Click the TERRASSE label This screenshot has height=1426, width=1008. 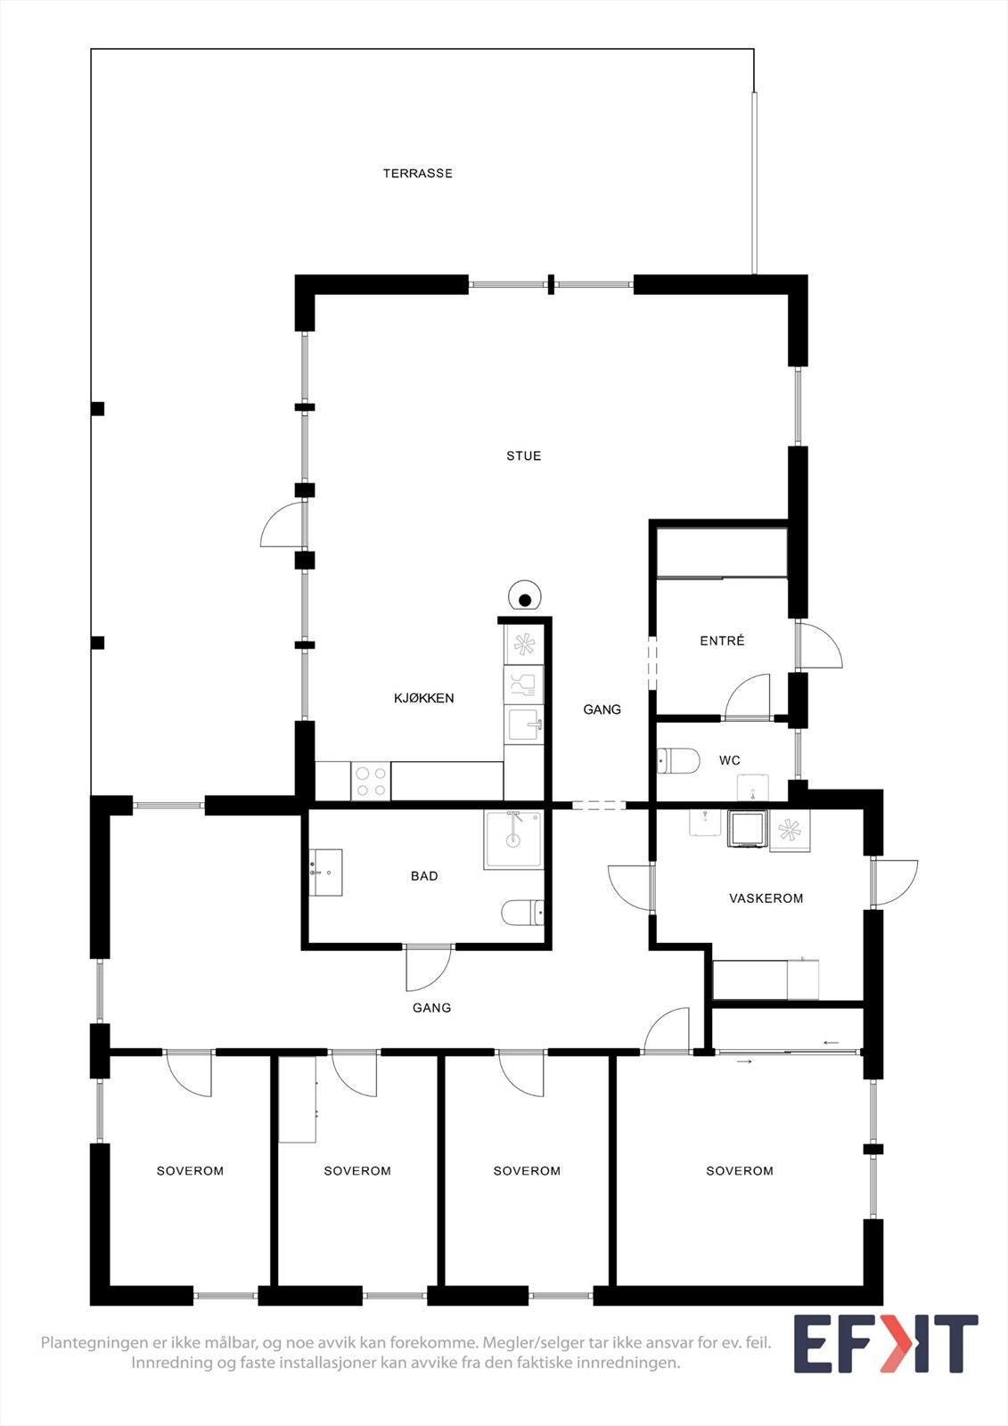[417, 174]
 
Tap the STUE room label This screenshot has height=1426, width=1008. [523, 456]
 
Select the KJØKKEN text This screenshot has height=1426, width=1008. [423, 699]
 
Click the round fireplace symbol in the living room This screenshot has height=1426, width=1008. [525, 598]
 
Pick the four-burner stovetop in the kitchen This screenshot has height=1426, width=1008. [371, 782]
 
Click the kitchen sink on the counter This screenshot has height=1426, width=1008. [523, 725]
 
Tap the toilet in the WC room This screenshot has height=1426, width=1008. [678, 761]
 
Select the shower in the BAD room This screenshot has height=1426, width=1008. [512, 839]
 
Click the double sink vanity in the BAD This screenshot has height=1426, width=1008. [325, 873]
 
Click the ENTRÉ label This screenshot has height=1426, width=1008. [722, 641]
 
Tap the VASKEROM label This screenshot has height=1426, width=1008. [766, 898]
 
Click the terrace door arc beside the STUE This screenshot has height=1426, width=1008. [283, 526]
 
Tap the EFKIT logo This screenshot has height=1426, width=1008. [885, 1344]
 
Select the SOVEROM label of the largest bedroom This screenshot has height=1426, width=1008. [739, 1171]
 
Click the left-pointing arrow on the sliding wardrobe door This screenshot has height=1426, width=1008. [831, 1042]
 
